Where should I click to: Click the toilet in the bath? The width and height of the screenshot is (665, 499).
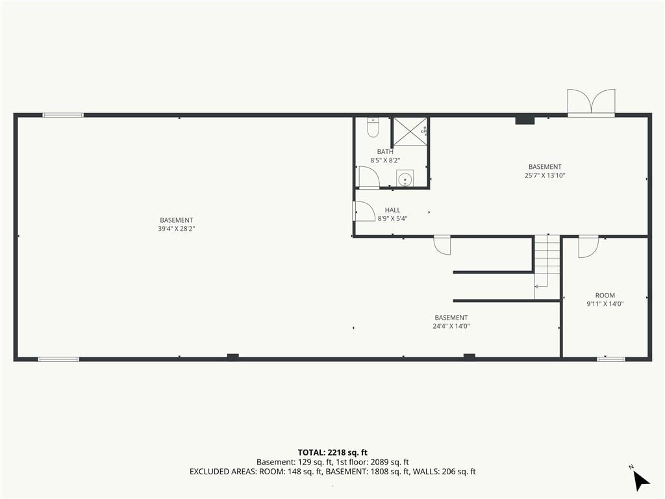tap(373, 127)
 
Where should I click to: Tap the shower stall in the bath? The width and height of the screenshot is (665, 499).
tap(410, 131)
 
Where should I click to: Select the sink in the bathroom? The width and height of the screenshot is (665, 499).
tap(405, 179)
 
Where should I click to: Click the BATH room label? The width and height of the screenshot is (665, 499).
tap(385, 151)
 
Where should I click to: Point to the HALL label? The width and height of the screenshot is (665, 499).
tap(393, 210)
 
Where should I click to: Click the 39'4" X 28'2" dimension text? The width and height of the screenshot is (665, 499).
tap(177, 229)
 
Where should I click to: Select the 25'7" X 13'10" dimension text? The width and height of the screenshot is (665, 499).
tap(545, 175)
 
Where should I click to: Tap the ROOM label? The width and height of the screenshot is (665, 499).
tap(605, 296)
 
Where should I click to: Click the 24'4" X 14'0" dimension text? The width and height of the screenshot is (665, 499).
tap(451, 326)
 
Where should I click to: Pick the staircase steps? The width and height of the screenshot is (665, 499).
tap(547, 266)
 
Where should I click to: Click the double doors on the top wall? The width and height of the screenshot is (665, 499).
tap(591, 102)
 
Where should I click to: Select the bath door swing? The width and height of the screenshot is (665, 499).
tap(369, 177)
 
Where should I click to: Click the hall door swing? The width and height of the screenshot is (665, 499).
tap(364, 211)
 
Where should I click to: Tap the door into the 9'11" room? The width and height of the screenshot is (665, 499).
tap(588, 246)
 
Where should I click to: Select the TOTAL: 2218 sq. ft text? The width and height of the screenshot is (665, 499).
tap(332, 452)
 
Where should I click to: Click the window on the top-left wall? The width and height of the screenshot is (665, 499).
tap(63, 115)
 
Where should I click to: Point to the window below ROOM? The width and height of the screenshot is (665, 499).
tap(611, 359)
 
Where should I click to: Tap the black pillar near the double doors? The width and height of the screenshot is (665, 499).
tap(525, 120)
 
